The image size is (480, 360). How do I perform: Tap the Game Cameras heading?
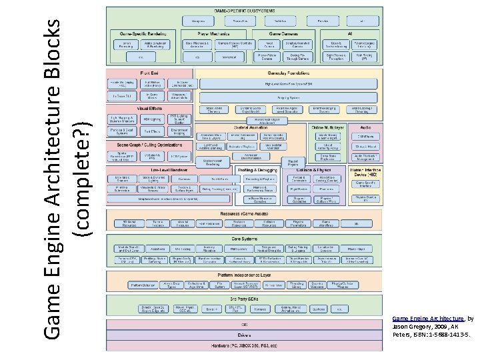click(x=284, y=32)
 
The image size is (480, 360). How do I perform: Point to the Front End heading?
click(x=149, y=73)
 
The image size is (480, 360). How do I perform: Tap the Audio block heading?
click(x=365, y=127)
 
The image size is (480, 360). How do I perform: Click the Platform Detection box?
click(x=138, y=285)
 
